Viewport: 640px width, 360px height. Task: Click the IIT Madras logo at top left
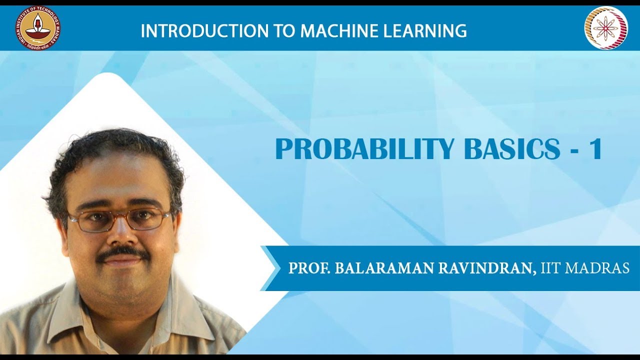coord(37,27)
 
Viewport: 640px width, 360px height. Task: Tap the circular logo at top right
coord(605,27)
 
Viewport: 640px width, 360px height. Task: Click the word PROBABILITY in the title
coord(364,149)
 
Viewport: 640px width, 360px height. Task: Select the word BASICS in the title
coord(512,149)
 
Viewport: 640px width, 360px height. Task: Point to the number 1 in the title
coord(595,149)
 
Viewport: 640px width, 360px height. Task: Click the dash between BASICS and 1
coord(573,150)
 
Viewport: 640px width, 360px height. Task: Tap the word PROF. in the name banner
coord(308,268)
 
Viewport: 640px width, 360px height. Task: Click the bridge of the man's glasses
coord(119,216)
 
